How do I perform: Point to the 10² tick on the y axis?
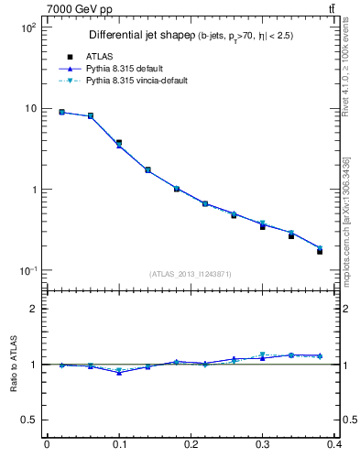coord(27,27)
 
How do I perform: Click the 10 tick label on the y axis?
coord(29,108)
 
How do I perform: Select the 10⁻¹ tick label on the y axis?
coord(27,271)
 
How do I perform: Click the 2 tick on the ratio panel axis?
coord(32,309)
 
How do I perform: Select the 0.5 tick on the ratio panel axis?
coord(28,420)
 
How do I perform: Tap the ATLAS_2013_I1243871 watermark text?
coord(191,274)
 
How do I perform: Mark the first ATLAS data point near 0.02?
coord(61,112)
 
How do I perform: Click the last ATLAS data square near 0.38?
coord(320,251)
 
